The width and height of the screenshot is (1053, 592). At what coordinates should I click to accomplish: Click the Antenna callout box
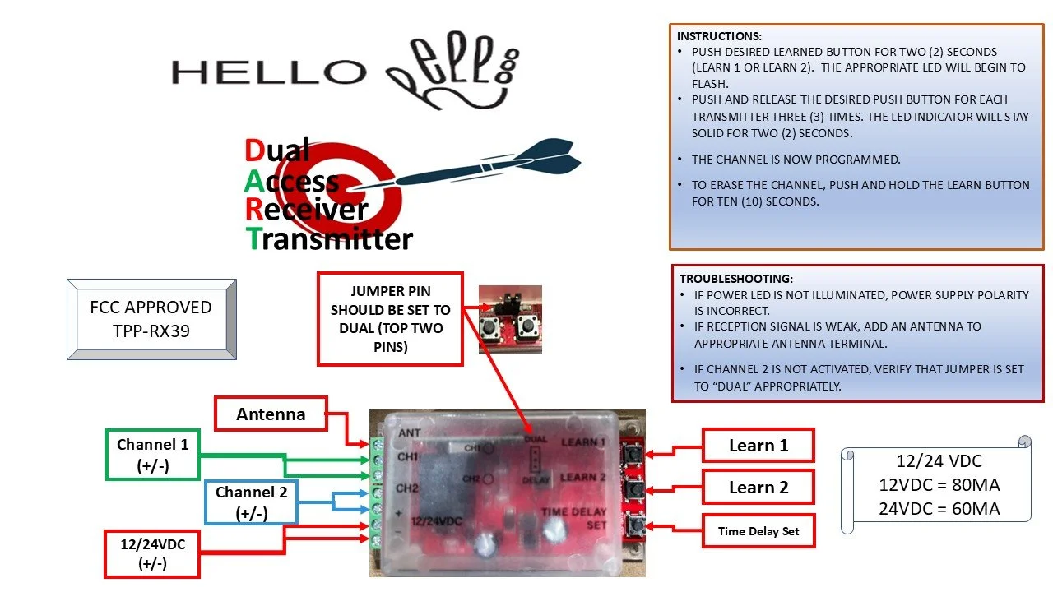click(271, 414)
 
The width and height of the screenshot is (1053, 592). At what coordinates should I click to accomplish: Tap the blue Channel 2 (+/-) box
click(251, 502)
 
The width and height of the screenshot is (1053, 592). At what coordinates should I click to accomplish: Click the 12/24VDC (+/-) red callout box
click(153, 553)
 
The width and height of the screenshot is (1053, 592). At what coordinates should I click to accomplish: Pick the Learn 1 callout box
click(758, 446)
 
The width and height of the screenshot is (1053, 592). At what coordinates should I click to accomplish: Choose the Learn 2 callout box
click(758, 488)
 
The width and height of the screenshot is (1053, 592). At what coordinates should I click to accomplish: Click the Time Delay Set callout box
click(758, 531)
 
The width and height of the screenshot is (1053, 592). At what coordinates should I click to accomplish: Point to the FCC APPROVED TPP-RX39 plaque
click(151, 318)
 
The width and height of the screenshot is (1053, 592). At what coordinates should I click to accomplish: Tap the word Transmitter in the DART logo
click(329, 238)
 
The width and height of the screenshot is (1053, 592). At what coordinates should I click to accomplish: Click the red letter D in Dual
click(254, 150)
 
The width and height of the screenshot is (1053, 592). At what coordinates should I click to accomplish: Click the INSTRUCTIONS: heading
click(719, 37)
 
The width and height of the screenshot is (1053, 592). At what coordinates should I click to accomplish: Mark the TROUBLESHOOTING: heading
click(735, 279)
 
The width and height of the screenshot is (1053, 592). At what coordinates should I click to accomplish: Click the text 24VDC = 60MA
click(939, 508)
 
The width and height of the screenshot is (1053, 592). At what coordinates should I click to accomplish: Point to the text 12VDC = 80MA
click(939, 484)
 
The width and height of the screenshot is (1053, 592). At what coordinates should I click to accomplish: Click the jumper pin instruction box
click(391, 318)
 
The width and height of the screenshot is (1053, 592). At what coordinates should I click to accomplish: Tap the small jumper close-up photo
click(510, 320)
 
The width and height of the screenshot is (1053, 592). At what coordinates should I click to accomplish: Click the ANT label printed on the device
click(410, 433)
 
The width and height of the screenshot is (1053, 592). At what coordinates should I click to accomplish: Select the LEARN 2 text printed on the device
click(582, 478)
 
